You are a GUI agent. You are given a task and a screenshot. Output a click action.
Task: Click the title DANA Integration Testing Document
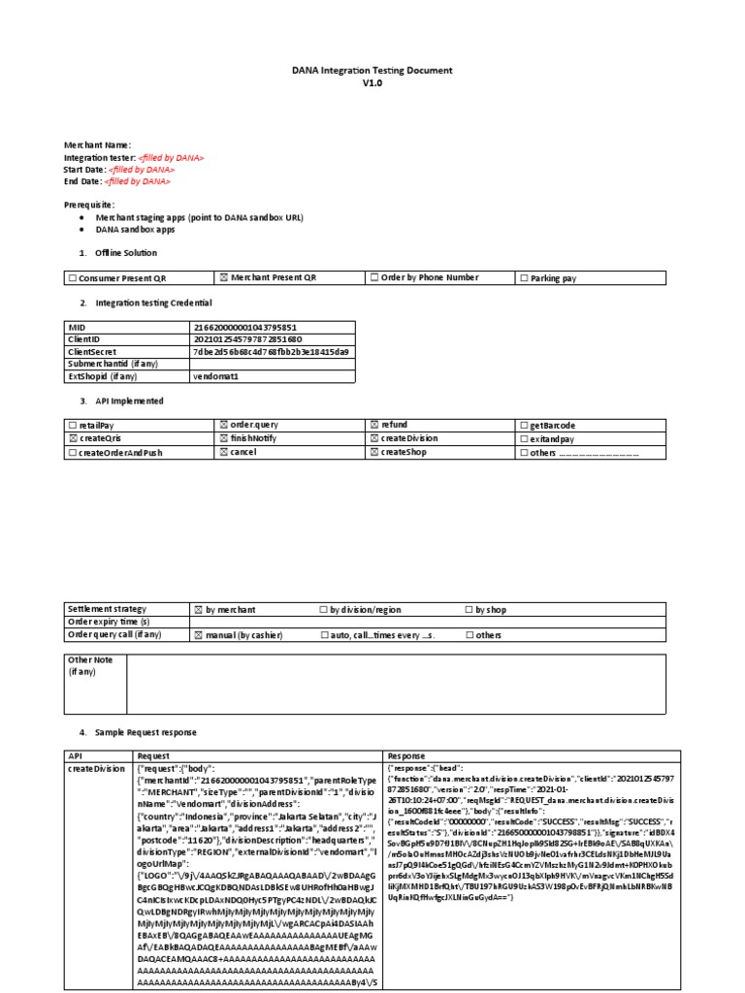(x=372, y=71)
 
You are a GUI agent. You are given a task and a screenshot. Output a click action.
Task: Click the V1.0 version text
(x=372, y=83)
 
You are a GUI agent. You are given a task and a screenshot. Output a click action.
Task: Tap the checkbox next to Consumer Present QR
(x=73, y=278)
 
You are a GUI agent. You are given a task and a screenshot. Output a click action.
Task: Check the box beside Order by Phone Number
(x=374, y=278)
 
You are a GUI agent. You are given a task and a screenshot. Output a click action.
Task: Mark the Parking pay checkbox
(x=524, y=278)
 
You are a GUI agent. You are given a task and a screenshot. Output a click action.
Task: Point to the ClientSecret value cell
(x=271, y=351)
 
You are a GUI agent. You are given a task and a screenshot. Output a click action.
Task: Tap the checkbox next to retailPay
(x=73, y=426)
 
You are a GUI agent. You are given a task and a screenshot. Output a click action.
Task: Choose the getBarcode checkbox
(x=524, y=426)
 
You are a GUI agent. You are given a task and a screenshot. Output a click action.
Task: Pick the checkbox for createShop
(x=374, y=452)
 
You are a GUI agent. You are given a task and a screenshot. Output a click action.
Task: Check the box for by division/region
(x=324, y=610)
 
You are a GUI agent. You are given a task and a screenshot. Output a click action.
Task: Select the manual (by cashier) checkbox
(x=199, y=635)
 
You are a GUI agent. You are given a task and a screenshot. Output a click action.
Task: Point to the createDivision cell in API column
(x=95, y=768)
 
